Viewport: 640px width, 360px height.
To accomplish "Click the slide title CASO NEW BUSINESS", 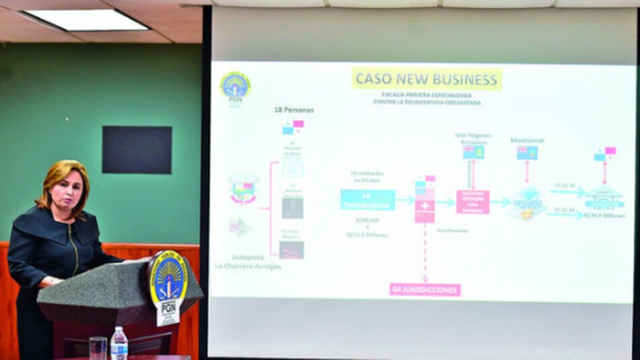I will pos(426,79).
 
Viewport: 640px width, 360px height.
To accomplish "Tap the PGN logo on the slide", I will pos(235,86).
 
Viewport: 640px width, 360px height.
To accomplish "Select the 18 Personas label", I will pos(293,110).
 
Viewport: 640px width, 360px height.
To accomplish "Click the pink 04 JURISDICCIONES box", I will pos(424,289).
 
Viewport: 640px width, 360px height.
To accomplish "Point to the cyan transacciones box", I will pos(367,200).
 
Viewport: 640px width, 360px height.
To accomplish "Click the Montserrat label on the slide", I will pos(527,140).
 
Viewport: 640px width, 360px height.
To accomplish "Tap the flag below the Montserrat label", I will pos(527,153).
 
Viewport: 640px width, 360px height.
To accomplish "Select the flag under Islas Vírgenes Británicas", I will pos(473,152).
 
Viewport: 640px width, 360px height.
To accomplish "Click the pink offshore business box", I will pos(473,202).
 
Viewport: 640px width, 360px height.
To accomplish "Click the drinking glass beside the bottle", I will pos(98,347).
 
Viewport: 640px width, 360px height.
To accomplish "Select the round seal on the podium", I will pos(168,278).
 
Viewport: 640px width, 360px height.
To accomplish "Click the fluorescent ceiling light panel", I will pos(86,20).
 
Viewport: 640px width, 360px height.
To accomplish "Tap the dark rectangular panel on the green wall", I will pos(137,150).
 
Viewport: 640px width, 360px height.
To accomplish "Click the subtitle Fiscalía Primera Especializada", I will pos(426,95).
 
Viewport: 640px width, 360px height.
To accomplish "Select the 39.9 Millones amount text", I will pos(604,215).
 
